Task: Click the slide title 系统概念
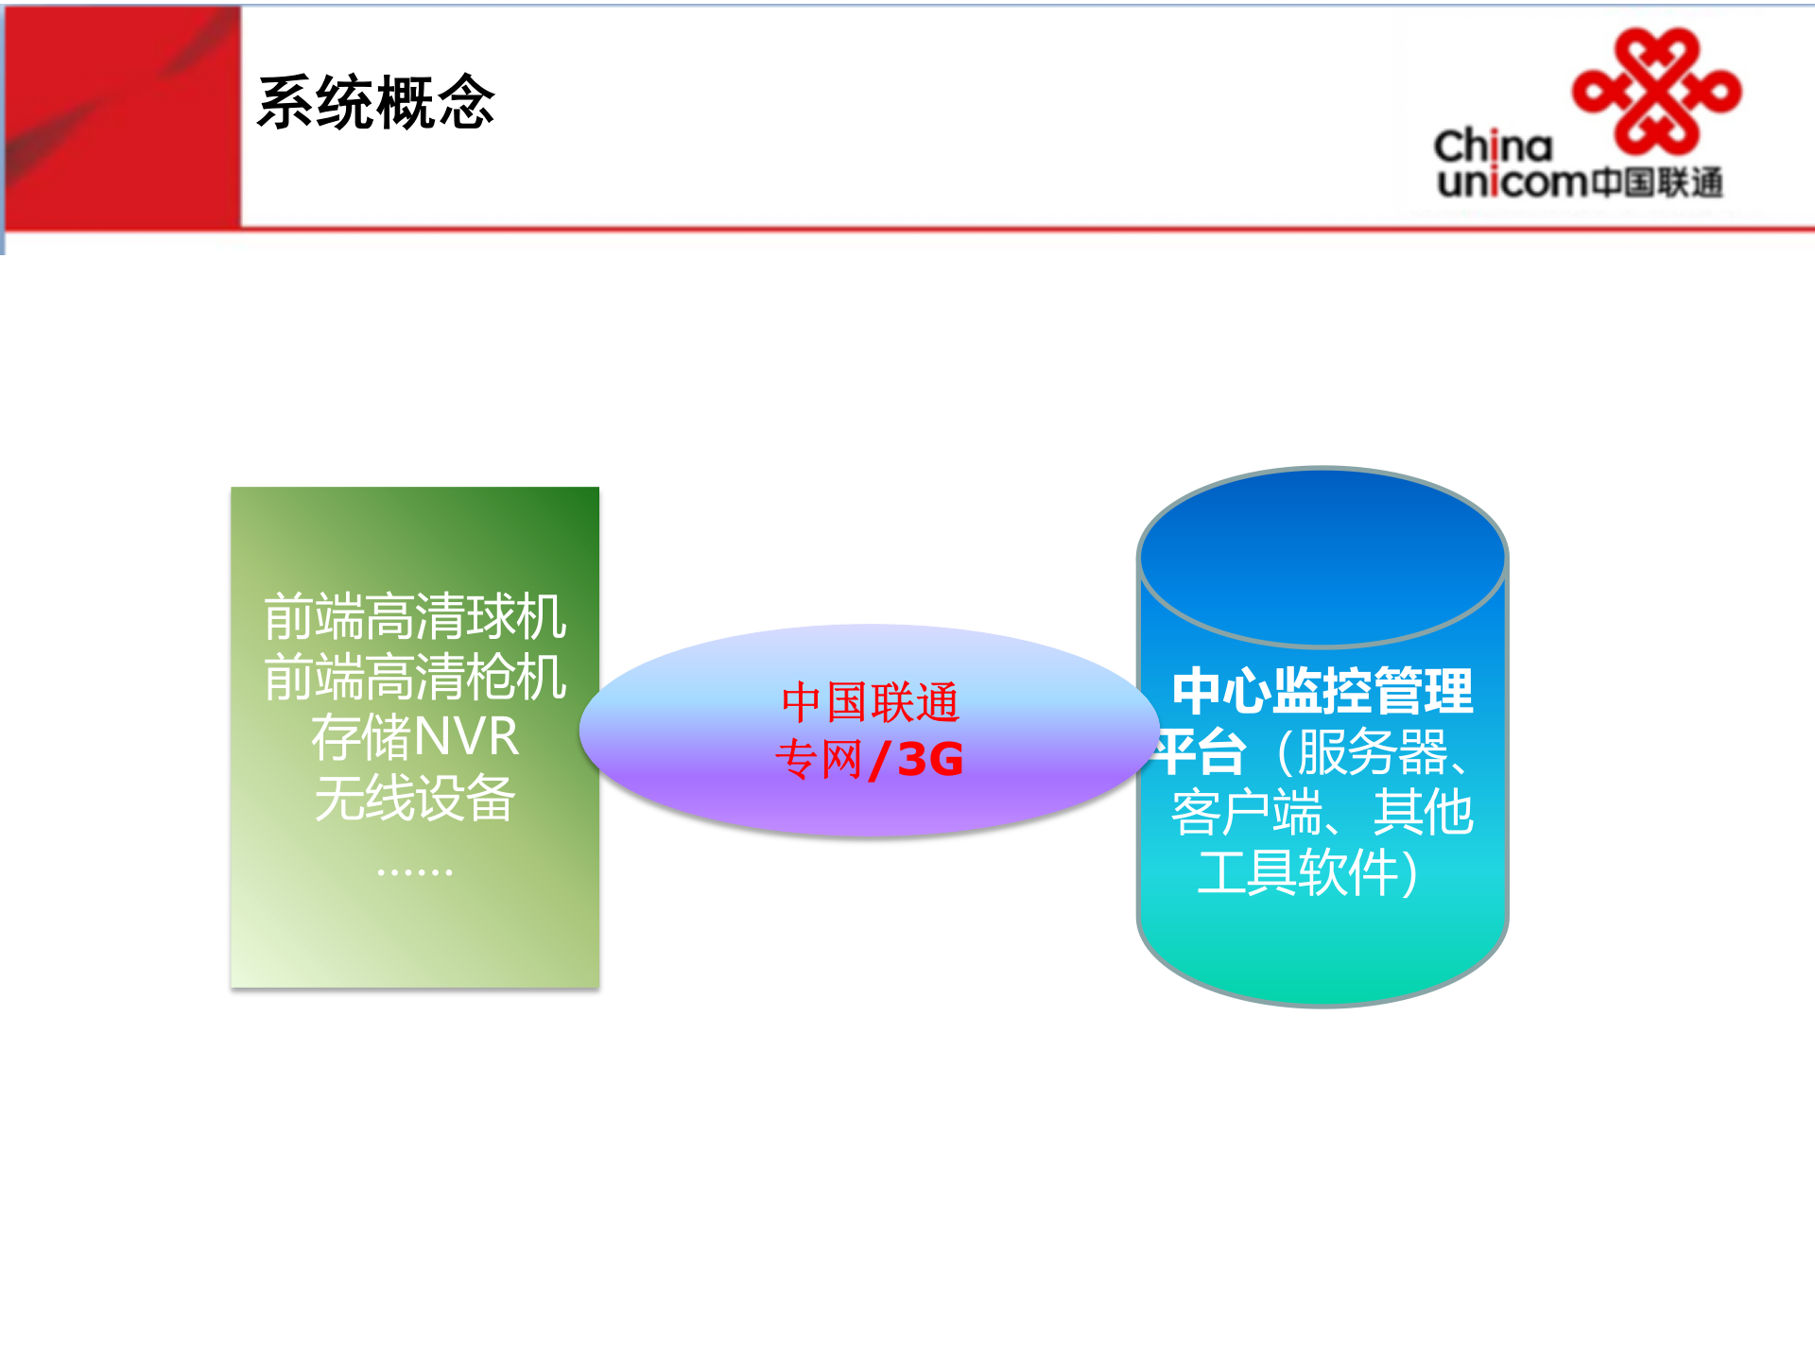coord(376,103)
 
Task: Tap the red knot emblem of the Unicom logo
coord(1656,92)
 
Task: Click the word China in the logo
coord(1493,146)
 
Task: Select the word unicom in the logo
coord(1512,181)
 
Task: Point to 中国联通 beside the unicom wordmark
coord(1657,182)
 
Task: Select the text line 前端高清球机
coord(415,617)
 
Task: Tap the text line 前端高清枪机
coord(415,678)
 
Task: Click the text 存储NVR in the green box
coord(415,737)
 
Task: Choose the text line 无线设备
coord(415,799)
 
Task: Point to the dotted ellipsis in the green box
coord(415,871)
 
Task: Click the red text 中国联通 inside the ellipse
coord(870,702)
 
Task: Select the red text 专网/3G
coord(870,759)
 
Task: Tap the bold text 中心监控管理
coord(1322,691)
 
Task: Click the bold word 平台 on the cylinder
coord(1201,752)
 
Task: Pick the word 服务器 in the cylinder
coord(1373,752)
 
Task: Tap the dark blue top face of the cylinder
coord(1322,558)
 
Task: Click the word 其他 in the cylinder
coord(1424,813)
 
